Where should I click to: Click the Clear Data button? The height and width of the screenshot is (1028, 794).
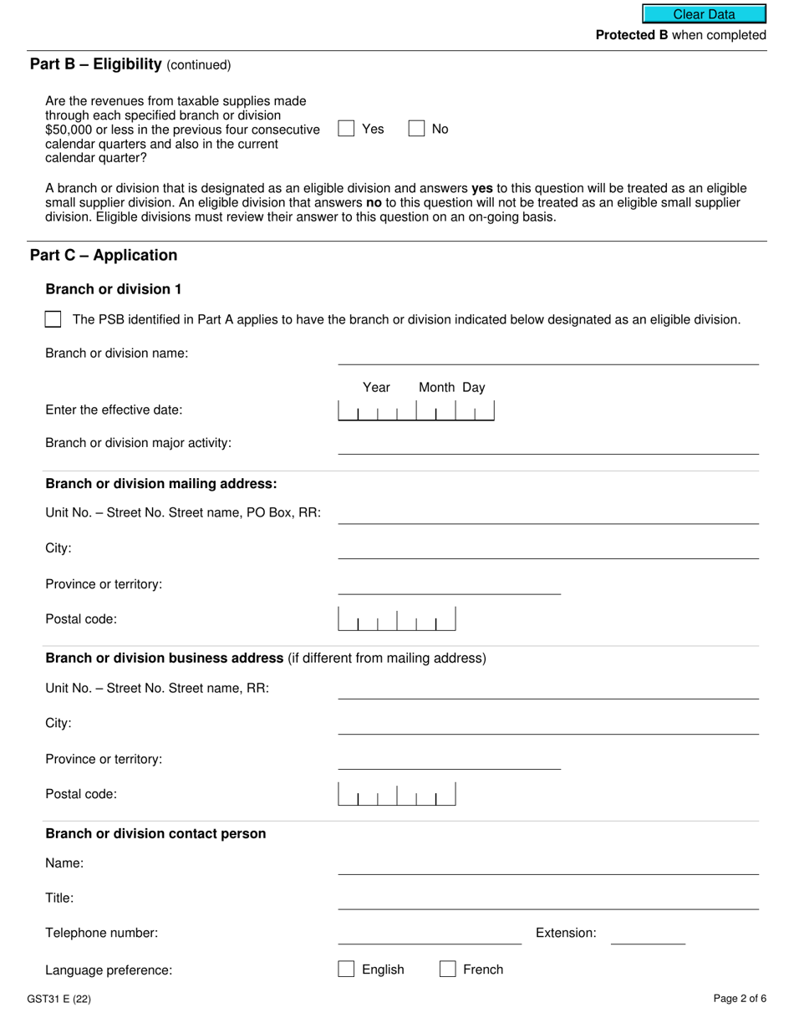click(x=704, y=14)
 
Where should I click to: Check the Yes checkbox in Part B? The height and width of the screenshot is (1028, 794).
click(x=346, y=129)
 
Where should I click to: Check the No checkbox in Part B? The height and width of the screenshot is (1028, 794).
click(x=416, y=129)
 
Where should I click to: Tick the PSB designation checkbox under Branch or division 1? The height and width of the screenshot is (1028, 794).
click(x=53, y=319)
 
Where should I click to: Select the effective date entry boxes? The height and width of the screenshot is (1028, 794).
click(x=415, y=411)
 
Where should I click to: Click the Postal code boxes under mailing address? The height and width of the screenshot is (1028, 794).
click(x=397, y=619)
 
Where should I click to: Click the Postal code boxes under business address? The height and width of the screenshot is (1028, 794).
click(x=397, y=794)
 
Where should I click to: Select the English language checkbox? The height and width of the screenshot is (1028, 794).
click(x=346, y=969)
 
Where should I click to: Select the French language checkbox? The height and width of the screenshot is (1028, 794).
click(x=448, y=969)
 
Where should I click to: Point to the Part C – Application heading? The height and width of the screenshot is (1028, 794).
click(x=104, y=256)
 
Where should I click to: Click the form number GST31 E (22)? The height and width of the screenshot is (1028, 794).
click(x=59, y=999)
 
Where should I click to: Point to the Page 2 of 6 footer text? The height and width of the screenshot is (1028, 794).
click(x=740, y=999)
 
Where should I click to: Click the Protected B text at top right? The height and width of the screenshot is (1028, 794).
click(x=680, y=35)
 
